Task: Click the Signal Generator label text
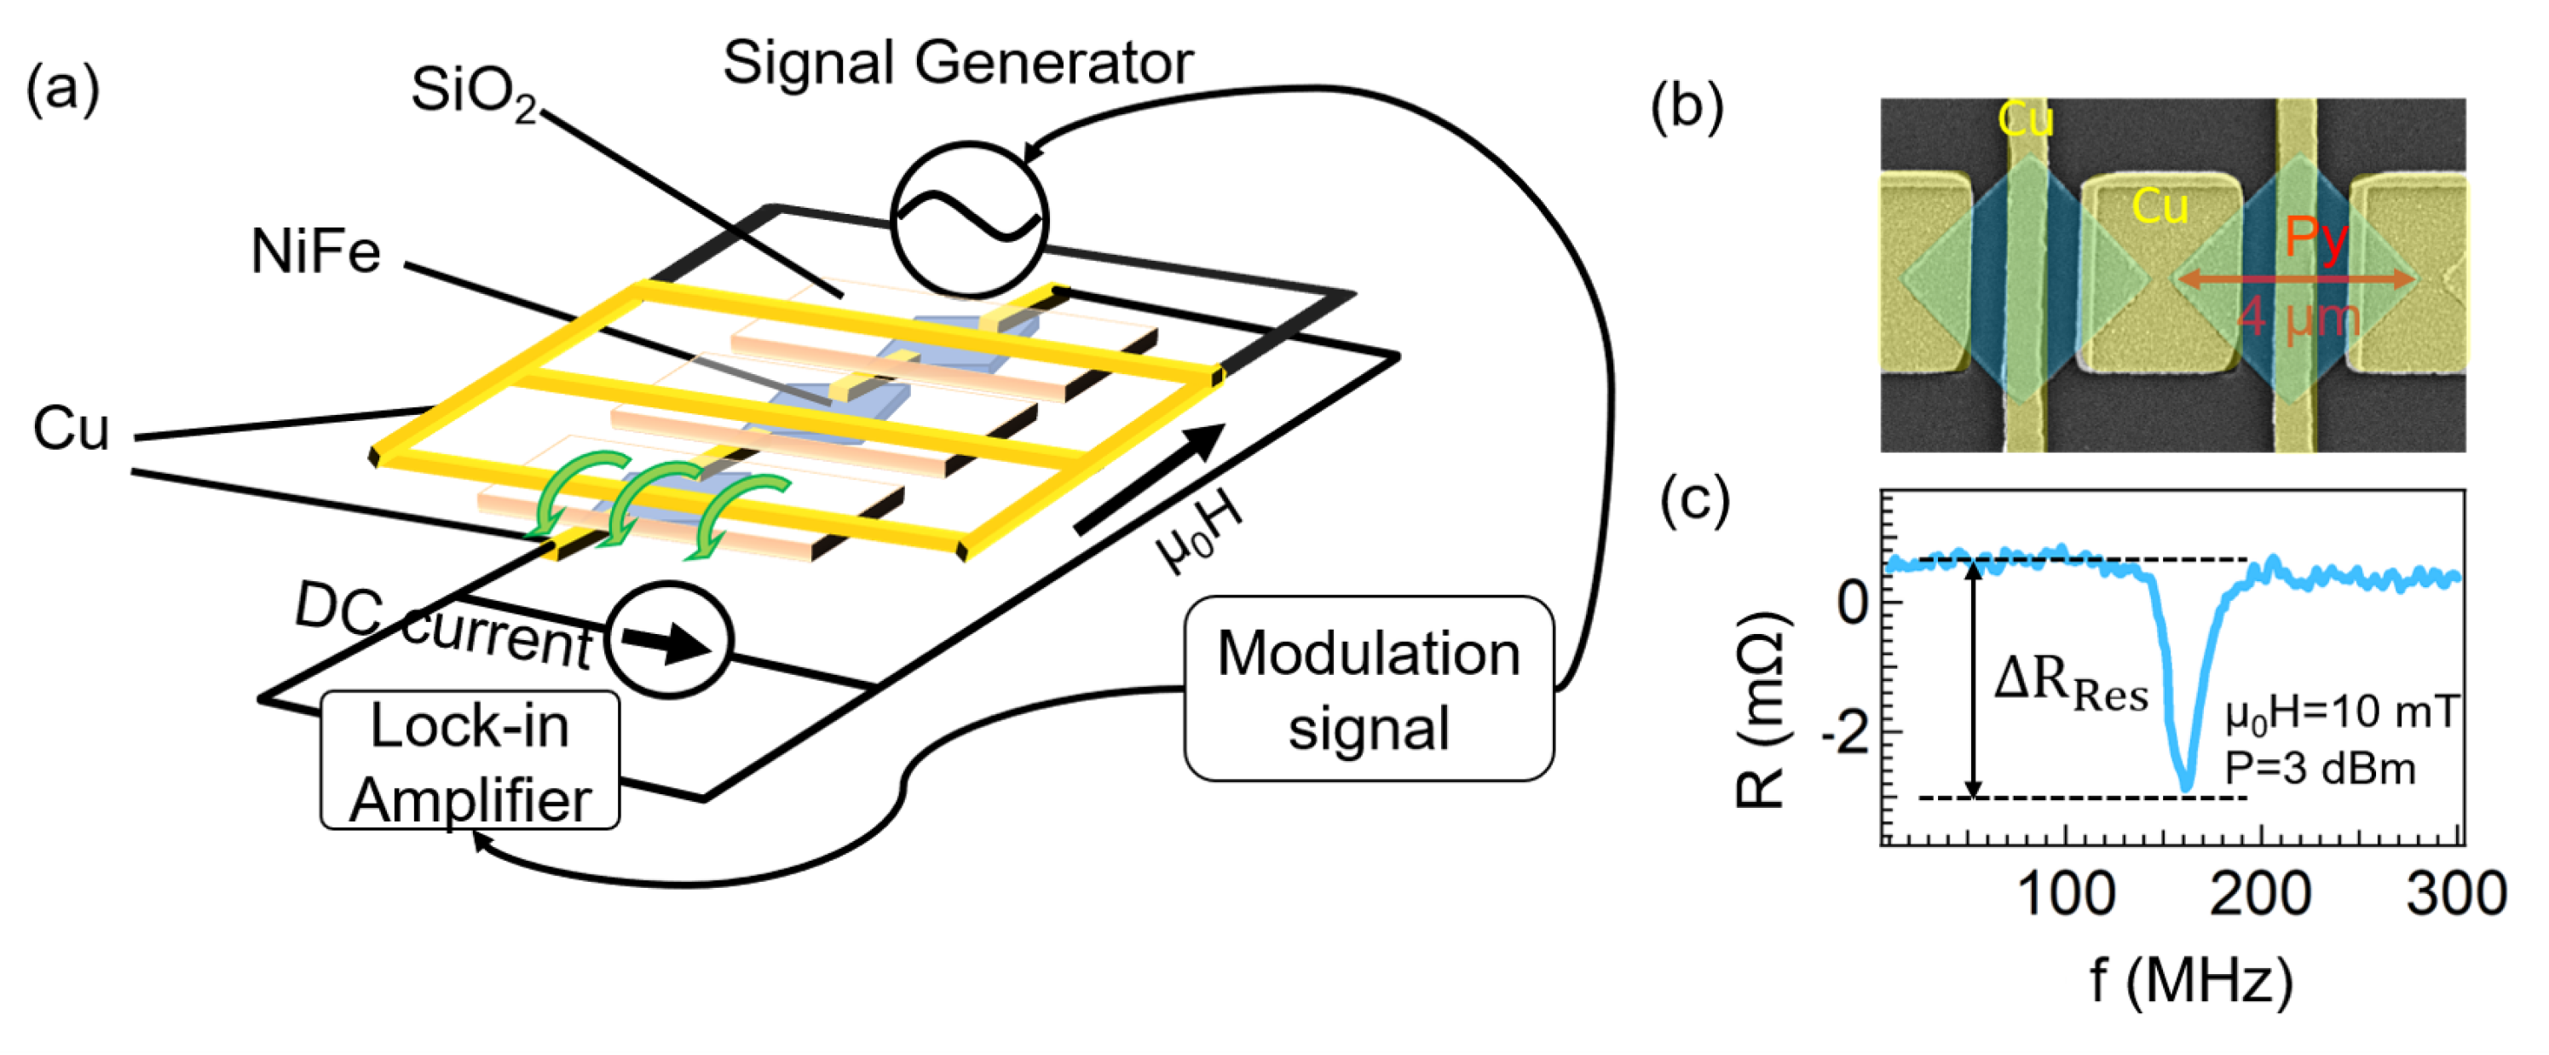[957, 63]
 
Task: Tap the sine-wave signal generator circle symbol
[968, 219]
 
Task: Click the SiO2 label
[473, 91]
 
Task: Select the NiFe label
[314, 251]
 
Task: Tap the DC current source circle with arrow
[669, 640]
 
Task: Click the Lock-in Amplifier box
[470, 761]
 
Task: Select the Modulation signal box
[1368, 689]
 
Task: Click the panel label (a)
[62, 89]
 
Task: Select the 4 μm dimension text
[2298, 319]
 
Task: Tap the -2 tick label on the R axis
[1847, 734]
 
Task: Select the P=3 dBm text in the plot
[2320, 768]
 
